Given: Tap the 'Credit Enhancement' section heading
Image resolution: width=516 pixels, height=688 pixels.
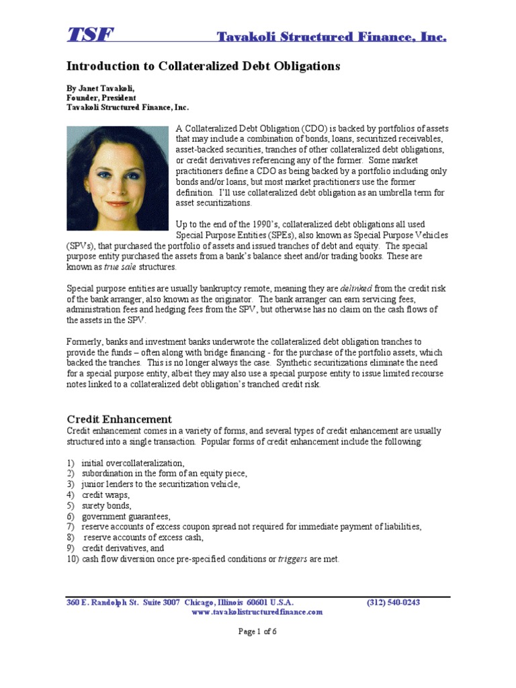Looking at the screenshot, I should [119, 419].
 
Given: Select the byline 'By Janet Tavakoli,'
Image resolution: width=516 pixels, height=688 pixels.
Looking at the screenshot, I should [103, 88].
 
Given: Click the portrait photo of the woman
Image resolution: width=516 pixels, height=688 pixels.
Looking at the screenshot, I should [117, 178].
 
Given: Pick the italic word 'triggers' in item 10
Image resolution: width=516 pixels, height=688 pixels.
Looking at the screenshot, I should [294, 559].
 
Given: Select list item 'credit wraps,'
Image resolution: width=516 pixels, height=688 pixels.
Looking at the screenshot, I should [105, 494].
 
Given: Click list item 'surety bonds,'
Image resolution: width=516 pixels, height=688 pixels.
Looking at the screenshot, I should [107, 505].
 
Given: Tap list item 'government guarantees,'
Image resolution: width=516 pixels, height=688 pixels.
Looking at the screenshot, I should [126, 516].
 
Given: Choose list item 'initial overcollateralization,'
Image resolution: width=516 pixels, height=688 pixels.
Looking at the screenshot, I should [132, 463].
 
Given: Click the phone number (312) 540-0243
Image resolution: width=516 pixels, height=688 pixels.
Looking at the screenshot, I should [393, 602].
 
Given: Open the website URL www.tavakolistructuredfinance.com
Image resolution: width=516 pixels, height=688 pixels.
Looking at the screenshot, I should [257, 612].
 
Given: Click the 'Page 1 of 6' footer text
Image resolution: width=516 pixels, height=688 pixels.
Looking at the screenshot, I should [257, 631].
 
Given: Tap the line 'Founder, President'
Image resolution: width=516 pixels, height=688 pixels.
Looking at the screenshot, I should [101, 97].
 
